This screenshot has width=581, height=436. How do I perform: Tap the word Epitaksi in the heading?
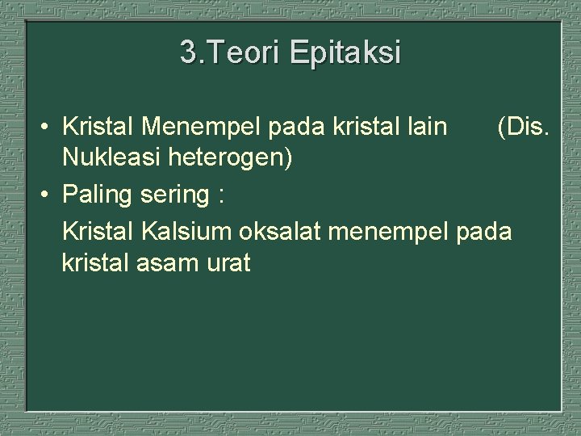(344, 53)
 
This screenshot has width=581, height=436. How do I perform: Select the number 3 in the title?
(188, 53)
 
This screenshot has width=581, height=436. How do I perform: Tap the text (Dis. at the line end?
(525, 127)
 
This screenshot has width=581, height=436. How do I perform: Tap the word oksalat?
(274, 231)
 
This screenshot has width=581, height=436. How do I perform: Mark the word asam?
(171, 263)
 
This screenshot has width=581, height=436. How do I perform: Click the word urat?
(229, 263)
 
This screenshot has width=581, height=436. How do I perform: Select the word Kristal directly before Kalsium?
(98, 231)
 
